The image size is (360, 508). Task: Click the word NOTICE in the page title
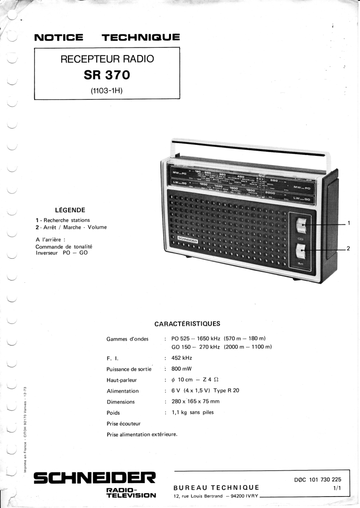58,38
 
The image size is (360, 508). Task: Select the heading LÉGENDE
70,210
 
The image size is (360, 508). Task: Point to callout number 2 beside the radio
348,248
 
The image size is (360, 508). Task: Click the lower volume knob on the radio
301,251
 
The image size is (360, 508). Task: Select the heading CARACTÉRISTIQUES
187,324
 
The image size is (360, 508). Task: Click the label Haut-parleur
122,380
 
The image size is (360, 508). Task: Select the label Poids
113,412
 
